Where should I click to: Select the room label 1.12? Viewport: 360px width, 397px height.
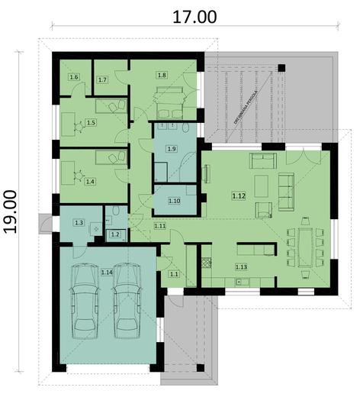pos(238,196)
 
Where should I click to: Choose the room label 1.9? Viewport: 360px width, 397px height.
pos(172,148)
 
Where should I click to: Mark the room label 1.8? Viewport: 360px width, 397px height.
pos(162,75)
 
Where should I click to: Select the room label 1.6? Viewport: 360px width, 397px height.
pos(74,77)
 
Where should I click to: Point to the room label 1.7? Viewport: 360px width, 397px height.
pos(102,79)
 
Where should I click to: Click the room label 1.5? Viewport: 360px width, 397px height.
pos(90,122)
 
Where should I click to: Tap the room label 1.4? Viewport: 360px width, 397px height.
pos(90,182)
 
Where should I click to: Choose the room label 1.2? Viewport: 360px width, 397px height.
pos(114,234)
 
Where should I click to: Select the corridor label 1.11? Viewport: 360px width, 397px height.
pos(160,226)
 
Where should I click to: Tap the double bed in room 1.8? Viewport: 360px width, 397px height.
pos(170,97)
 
